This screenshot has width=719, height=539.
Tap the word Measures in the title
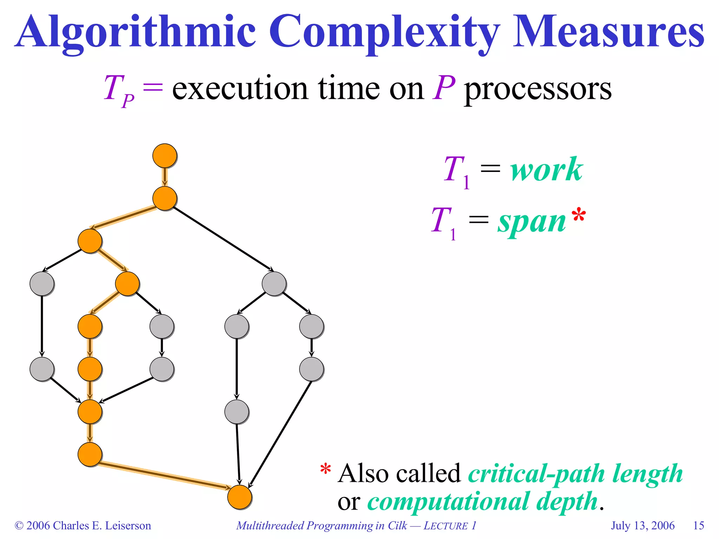pos(608,32)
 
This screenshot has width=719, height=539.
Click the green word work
pos(546,170)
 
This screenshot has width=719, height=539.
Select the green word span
pos(532,222)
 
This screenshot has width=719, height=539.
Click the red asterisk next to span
pos(578,215)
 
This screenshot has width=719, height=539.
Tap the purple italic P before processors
pos(443,88)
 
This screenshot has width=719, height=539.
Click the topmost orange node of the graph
pos(165,155)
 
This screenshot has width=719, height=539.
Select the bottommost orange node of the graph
pos(239,497)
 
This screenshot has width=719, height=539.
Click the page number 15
pos(698,525)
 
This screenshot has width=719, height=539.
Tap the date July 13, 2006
pos(642,525)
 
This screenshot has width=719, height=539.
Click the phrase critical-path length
pos(575,474)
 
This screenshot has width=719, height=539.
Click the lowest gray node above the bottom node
pos(237,412)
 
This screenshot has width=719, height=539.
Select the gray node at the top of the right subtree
pos(274,284)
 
